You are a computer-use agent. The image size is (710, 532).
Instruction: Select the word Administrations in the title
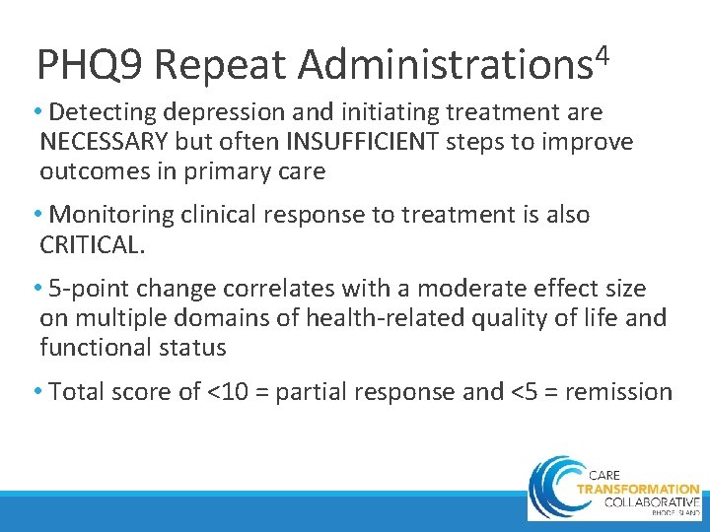coord(443,66)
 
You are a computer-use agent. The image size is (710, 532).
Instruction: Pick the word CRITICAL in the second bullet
coord(93,244)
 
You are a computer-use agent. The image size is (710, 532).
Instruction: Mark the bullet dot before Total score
coord(36,392)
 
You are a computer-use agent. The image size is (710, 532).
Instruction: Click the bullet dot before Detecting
coord(36,112)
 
